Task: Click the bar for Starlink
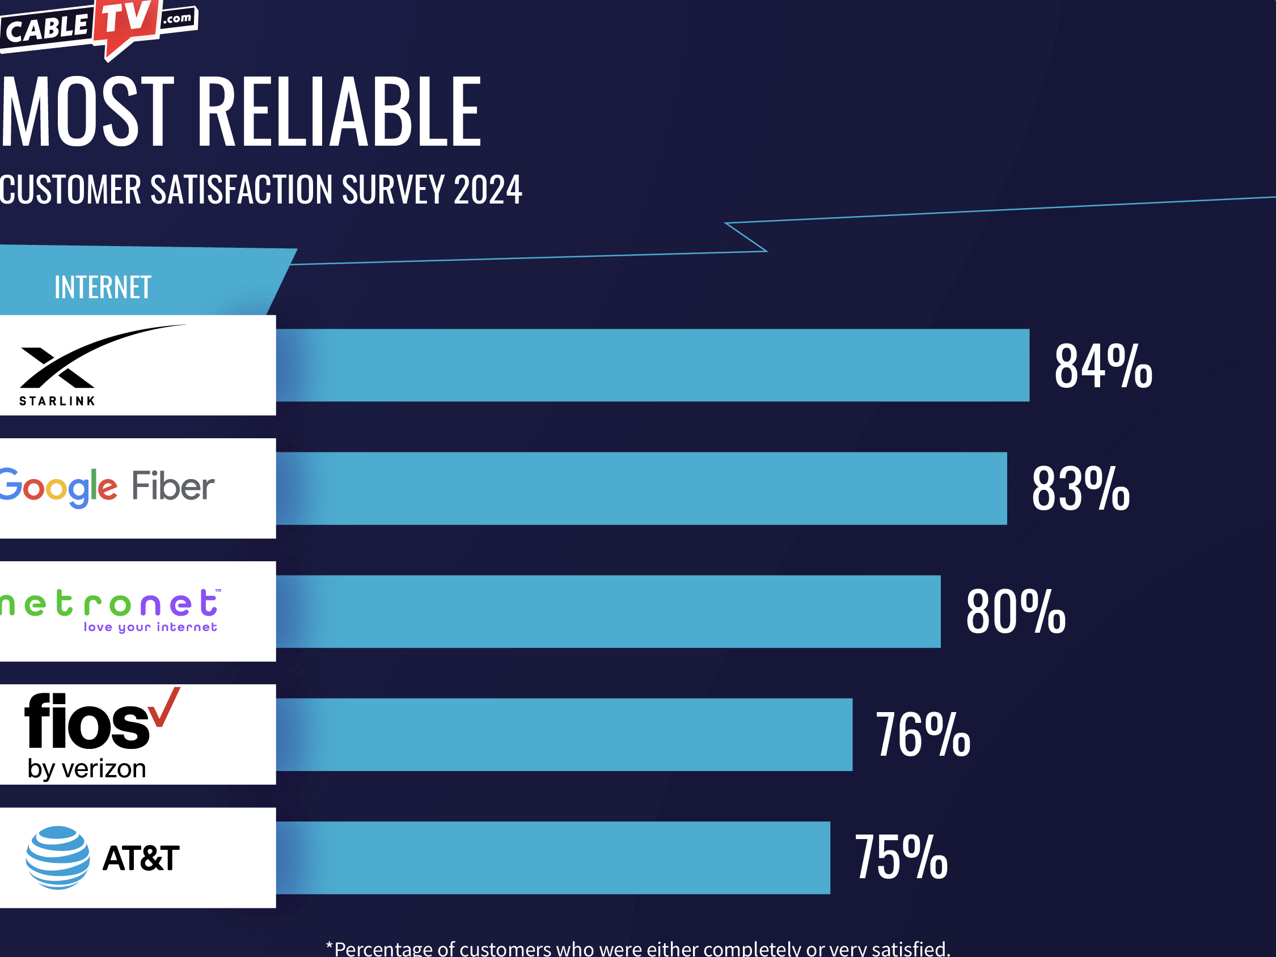tap(652, 365)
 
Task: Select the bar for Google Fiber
tap(641, 488)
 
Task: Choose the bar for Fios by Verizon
tap(564, 734)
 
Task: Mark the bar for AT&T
tap(552, 857)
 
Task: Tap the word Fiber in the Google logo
tap(173, 486)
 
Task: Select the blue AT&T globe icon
tap(58, 857)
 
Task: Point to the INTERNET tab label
tap(103, 287)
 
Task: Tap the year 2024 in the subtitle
tap(488, 190)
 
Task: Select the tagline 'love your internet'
tap(150, 627)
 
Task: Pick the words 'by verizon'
tap(87, 769)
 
